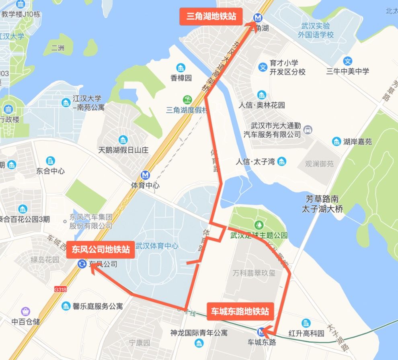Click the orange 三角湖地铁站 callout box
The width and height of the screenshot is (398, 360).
211,17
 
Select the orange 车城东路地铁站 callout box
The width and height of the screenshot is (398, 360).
240,311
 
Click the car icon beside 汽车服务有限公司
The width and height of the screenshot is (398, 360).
308,130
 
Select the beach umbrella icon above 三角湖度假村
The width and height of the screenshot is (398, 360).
187,99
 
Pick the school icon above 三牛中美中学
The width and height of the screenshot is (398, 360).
348,61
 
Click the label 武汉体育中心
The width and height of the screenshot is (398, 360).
157,246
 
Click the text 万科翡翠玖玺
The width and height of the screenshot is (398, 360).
254,273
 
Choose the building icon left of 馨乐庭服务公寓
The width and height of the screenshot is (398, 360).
66,306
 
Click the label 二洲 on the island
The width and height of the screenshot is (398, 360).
58,48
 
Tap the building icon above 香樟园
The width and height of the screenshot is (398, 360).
181,67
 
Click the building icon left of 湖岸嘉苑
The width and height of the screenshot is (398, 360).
336,141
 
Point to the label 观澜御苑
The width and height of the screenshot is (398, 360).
319,164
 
